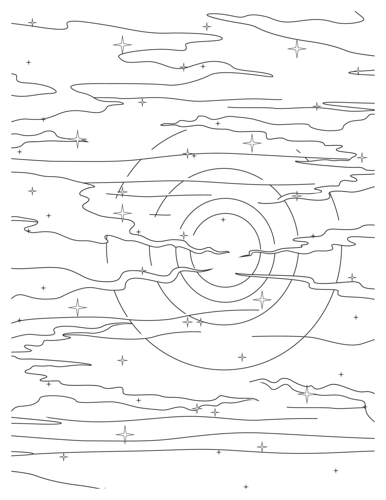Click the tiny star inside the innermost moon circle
[223, 220]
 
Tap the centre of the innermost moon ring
[226, 251]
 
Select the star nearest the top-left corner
[32, 22]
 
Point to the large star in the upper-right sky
[297, 49]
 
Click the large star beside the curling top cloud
[122, 44]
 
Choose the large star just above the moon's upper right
[252, 143]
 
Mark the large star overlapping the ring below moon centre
[262, 299]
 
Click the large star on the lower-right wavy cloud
[306, 394]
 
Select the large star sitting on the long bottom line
[125, 434]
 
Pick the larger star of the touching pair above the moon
[187, 154]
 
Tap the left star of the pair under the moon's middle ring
[187, 322]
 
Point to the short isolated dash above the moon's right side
[298, 151]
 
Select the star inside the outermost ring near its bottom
[242, 357]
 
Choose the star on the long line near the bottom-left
[64, 457]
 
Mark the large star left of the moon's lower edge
[77, 307]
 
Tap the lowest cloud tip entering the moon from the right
[235, 274]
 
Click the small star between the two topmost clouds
[206, 26]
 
